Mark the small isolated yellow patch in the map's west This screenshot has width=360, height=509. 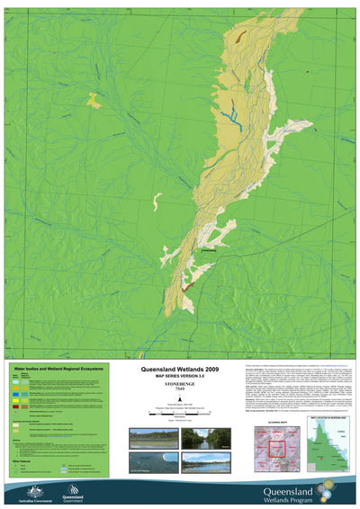[94, 100]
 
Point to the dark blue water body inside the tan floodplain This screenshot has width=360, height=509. [233, 112]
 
